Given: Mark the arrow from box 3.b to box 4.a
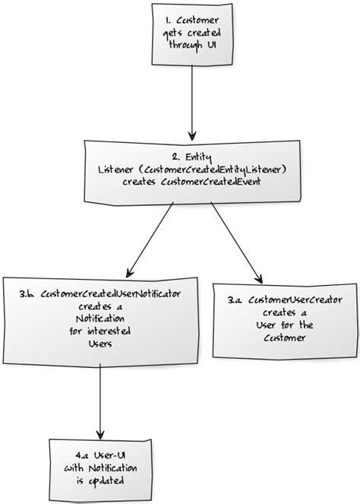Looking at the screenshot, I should [100, 399].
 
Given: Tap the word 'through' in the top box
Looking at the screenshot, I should [185, 46].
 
